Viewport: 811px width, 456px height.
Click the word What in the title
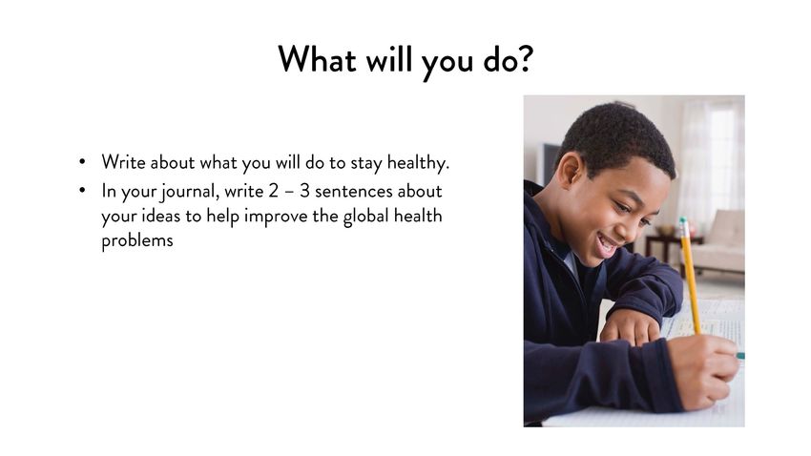[317, 59]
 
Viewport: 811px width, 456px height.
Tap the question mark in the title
[525, 58]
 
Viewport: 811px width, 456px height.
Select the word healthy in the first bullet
[417, 163]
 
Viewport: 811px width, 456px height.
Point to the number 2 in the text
[273, 192]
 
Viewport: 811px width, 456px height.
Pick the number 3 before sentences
[304, 192]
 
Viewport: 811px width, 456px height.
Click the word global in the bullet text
[365, 217]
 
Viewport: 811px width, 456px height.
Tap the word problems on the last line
[137, 240]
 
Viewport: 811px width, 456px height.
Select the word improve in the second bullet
[276, 217]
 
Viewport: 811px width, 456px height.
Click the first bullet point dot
[82, 162]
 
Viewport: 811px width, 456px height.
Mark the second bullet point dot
[82, 190]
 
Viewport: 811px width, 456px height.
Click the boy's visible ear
[570, 171]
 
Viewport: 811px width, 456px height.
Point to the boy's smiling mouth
[607, 243]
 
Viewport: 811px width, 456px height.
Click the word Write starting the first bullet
[123, 162]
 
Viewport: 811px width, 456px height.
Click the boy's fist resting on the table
[630, 327]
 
